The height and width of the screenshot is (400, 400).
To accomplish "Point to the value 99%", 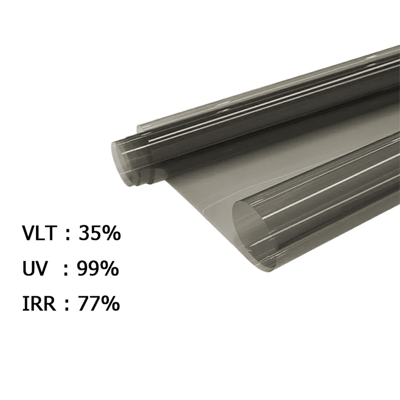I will click(98, 269).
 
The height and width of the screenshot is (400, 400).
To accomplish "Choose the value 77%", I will click(99, 303).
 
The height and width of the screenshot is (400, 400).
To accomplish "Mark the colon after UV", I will click(65, 270).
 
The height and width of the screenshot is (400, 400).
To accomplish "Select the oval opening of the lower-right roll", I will click(251, 230).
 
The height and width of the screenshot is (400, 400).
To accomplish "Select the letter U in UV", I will click(28, 269).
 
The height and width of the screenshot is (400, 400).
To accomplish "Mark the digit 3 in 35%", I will click(84, 234).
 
